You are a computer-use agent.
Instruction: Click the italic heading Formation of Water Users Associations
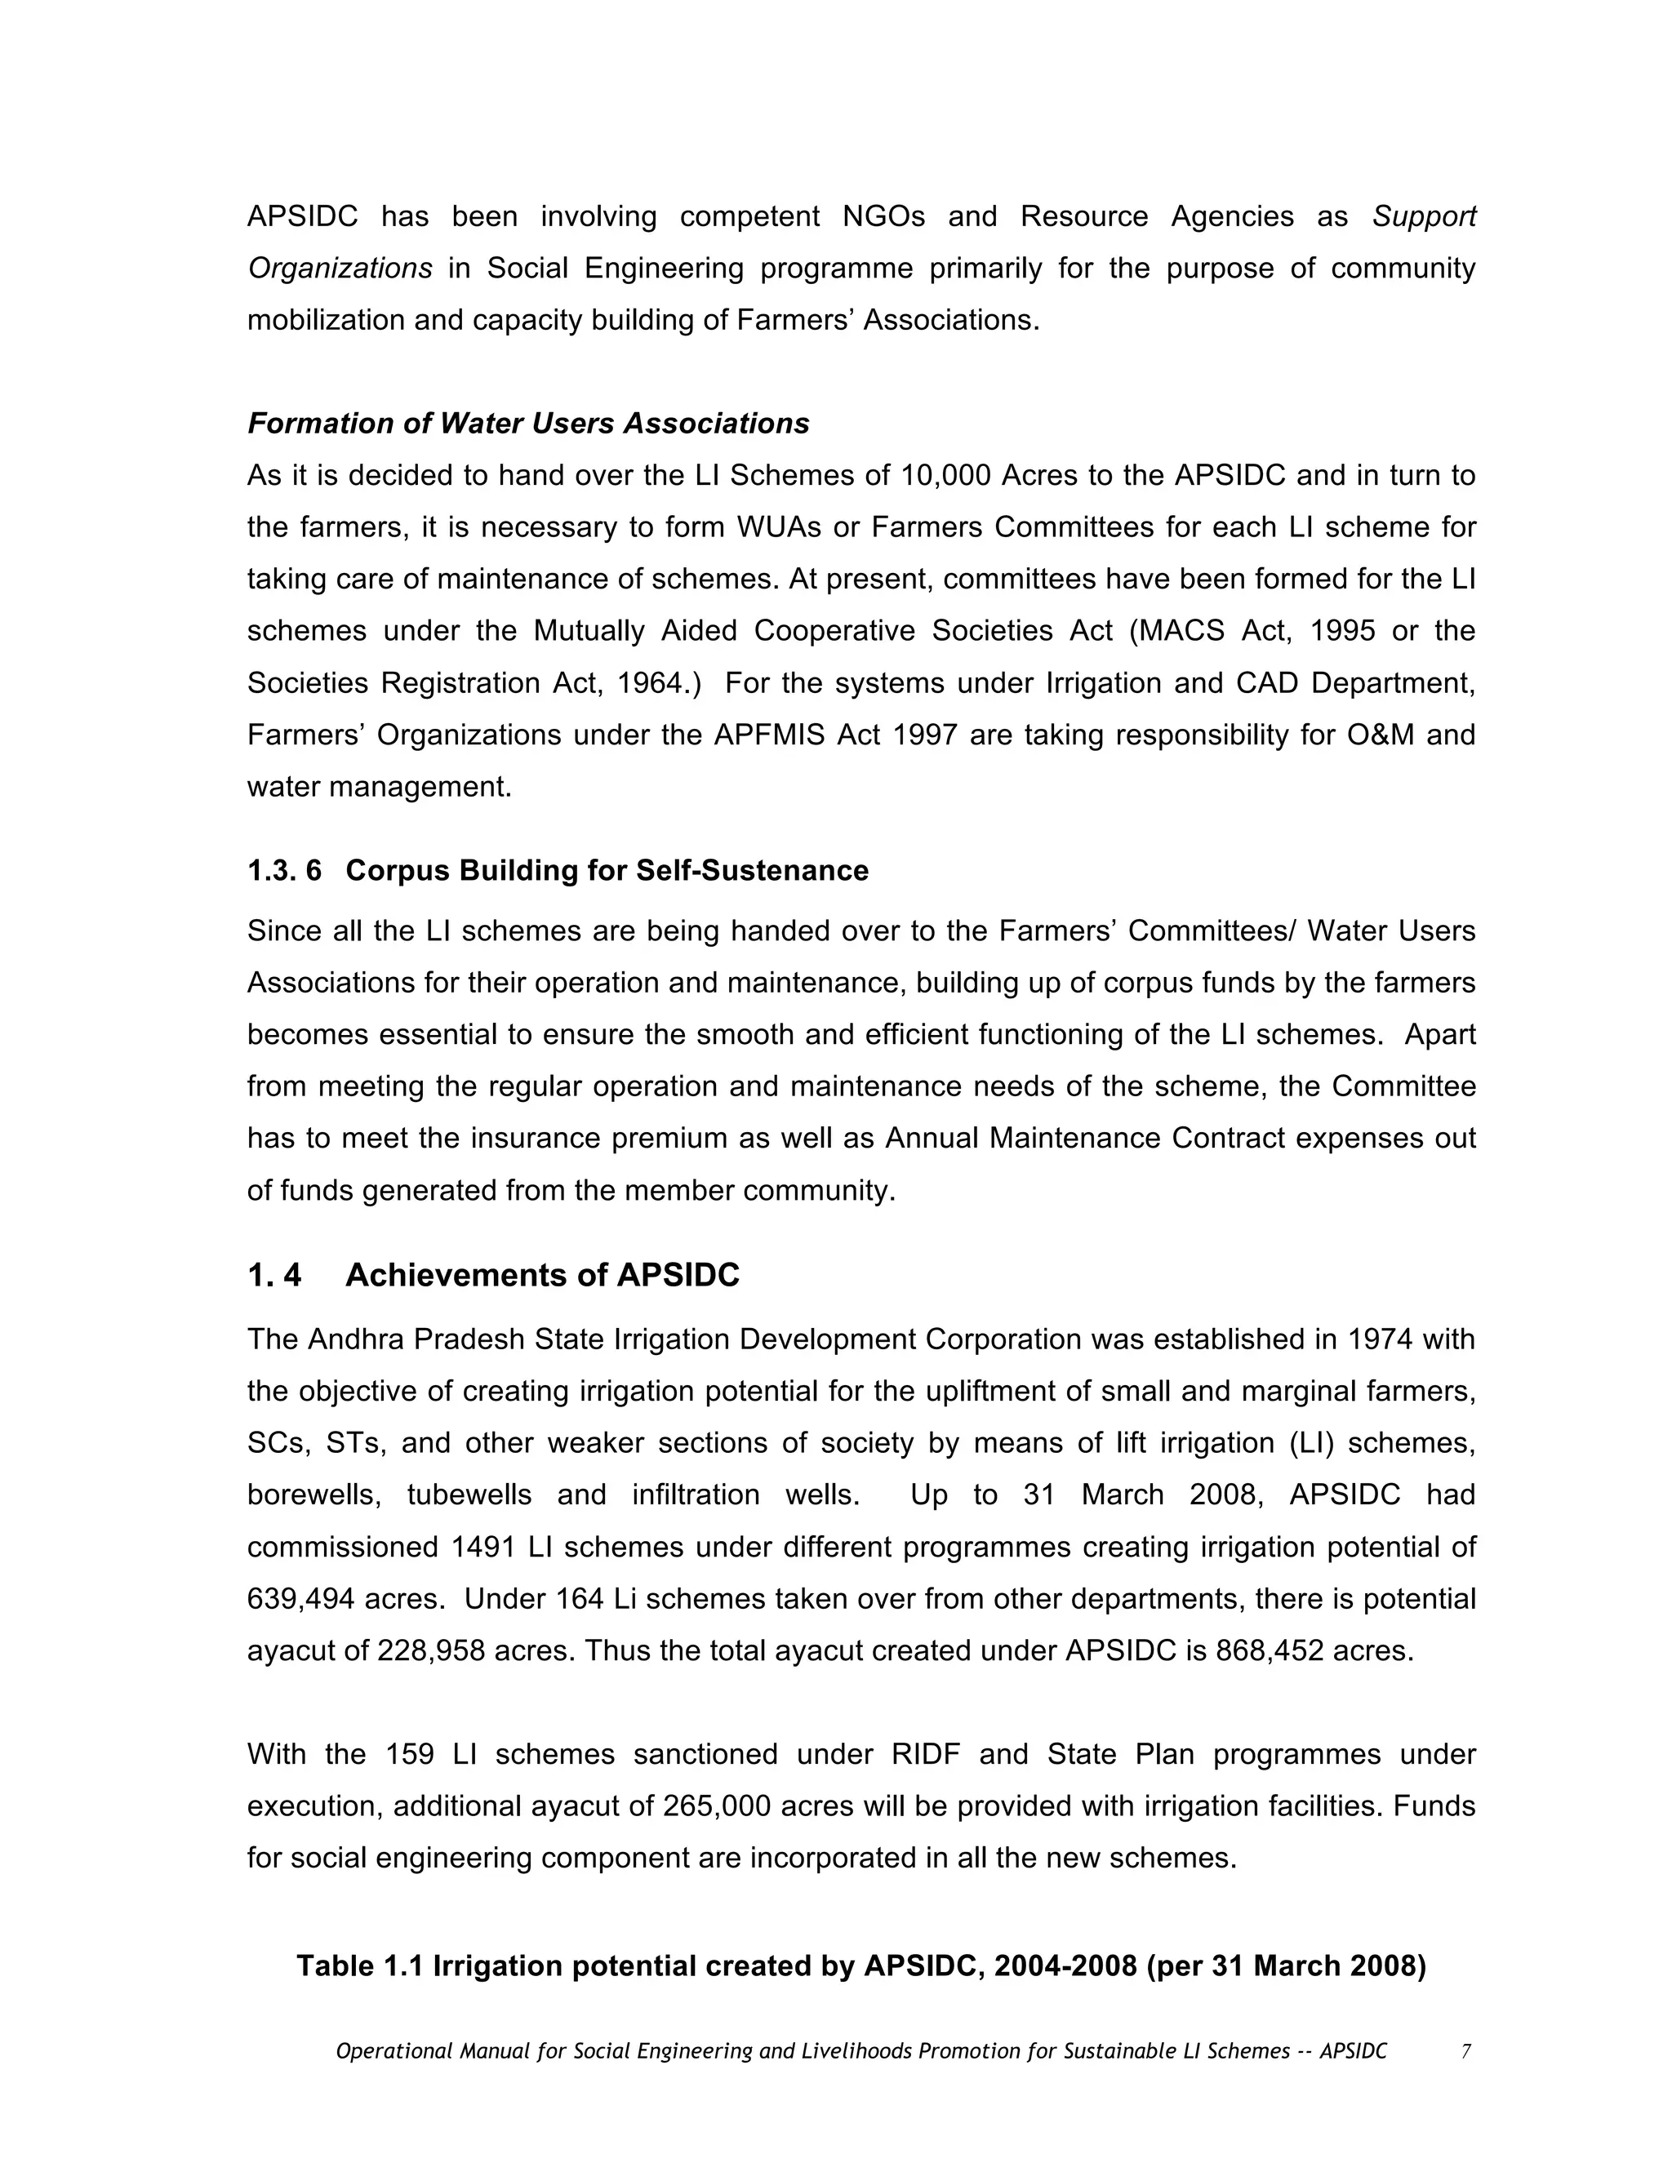[x=528, y=424]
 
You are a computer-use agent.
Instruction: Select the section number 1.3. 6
[x=284, y=871]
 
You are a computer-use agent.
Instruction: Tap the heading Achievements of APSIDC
[x=542, y=1275]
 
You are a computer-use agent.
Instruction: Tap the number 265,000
[x=717, y=1805]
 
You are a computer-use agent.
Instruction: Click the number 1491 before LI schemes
[x=484, y=1547]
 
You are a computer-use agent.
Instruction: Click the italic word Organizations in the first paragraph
[x=340, y=269]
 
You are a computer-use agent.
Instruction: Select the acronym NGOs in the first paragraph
[x=883, y=217]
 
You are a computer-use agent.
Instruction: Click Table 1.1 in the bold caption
[x=359, y=1966]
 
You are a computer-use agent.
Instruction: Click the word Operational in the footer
[x=394, y=2051]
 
